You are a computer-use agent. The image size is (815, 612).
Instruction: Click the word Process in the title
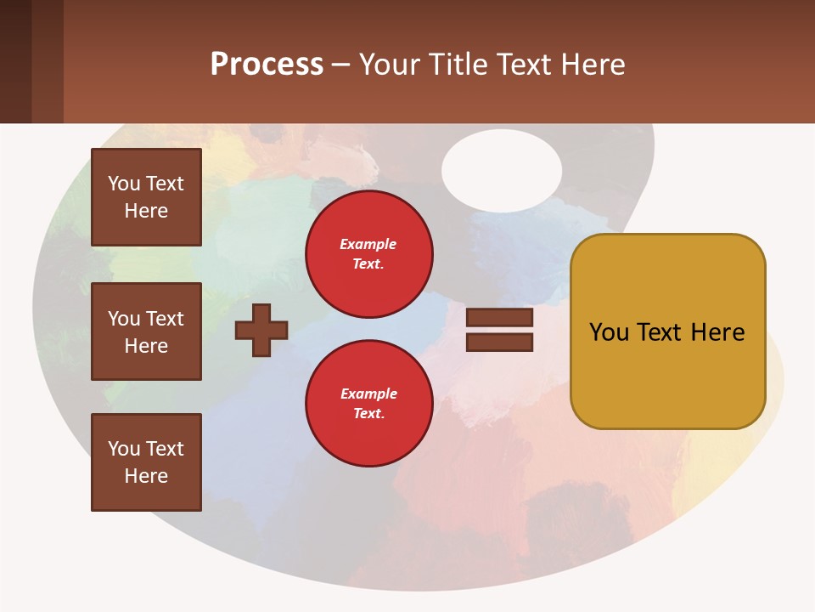[x=267, y=65]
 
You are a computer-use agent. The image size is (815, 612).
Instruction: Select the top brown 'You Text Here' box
[x=146, y=197]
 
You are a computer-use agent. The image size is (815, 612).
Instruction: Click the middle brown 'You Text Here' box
[x=146, y=331]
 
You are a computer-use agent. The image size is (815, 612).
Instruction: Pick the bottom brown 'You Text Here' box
[x=146, y=462]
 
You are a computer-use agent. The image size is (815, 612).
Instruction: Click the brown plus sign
[x=261, y=330]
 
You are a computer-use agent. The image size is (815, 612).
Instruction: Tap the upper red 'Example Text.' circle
[x=368, y=254]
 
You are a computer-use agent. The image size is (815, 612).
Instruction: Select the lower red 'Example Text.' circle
[x=368, y=404]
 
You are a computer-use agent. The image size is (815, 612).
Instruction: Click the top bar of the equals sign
[x=499, y=318]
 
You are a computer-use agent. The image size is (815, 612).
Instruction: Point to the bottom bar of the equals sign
[x=499, y=343]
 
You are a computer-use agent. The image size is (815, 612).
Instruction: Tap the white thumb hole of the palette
[x=501, y=171]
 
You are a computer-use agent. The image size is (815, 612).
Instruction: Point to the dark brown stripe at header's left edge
[x=15, y=61]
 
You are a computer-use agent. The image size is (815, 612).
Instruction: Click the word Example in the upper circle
[x=368, y=245]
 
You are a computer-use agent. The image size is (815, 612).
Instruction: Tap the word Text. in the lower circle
[x=368, y=414]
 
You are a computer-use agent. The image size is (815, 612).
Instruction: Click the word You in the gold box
[x=609, y=332]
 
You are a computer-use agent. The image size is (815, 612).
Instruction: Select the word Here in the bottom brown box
[x=146, y=476]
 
